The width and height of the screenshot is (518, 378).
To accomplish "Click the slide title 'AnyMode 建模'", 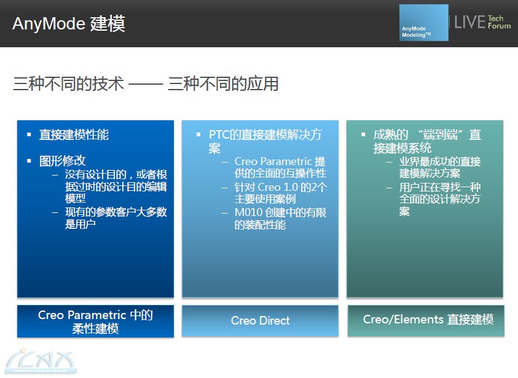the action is tap(69, 23).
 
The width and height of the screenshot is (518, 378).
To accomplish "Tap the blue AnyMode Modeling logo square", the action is tap(424, 23).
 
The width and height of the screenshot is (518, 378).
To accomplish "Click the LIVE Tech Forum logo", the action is tap(482, 22).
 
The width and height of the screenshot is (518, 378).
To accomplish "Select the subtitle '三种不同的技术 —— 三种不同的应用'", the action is tap(146, 83).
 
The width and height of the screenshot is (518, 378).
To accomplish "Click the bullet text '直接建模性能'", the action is tap(74, 134).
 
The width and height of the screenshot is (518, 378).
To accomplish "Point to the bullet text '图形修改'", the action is tap(63, 161).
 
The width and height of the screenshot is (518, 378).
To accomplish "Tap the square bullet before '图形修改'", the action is tap(29, 161).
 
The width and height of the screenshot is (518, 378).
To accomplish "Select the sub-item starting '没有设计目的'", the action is tap(116, 186).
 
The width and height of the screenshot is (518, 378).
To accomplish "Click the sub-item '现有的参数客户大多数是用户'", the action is tap(116, 218).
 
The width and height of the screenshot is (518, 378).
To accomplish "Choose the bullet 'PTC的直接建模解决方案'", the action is tap(265, 141).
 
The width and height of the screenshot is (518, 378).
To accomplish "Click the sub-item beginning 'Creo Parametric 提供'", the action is tap(280, 168).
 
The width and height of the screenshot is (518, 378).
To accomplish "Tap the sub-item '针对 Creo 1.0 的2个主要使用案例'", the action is tap(281, 193).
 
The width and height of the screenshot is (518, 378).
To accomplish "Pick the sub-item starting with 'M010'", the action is tap(280, 218).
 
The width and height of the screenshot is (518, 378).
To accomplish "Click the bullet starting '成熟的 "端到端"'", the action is tap(427, 141).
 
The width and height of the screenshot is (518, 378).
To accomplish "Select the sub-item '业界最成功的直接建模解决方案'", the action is tap(440, 168).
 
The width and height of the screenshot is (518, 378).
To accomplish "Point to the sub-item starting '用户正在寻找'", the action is tap(440, 199).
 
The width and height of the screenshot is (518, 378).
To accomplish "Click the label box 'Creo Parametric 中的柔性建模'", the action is tap(95, 322).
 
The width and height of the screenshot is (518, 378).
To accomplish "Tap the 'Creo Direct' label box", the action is tap(260, 320).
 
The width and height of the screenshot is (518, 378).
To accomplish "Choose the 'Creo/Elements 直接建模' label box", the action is tap(426, 320).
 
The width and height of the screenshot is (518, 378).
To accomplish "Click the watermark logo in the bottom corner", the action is tap(41, 361).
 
